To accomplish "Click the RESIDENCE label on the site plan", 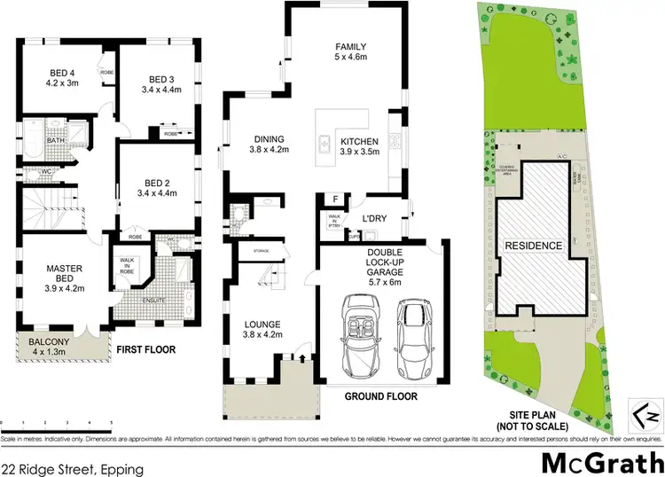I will point(533,246).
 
